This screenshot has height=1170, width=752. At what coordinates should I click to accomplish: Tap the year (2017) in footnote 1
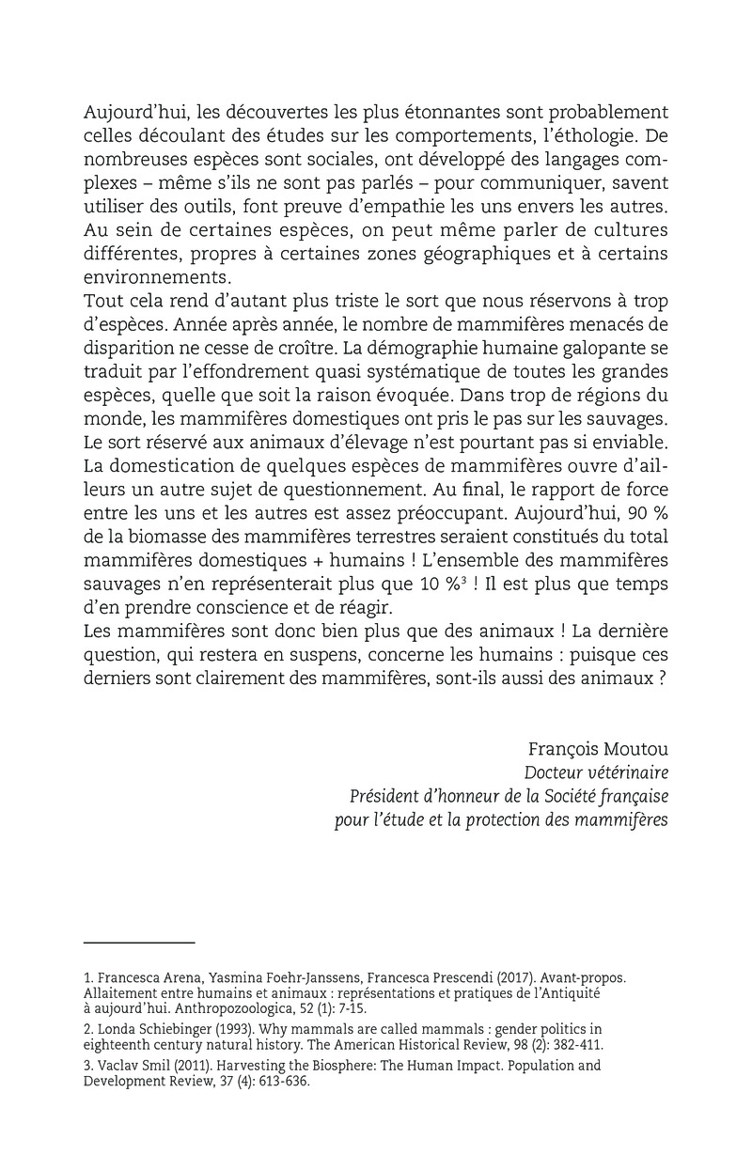490,977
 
